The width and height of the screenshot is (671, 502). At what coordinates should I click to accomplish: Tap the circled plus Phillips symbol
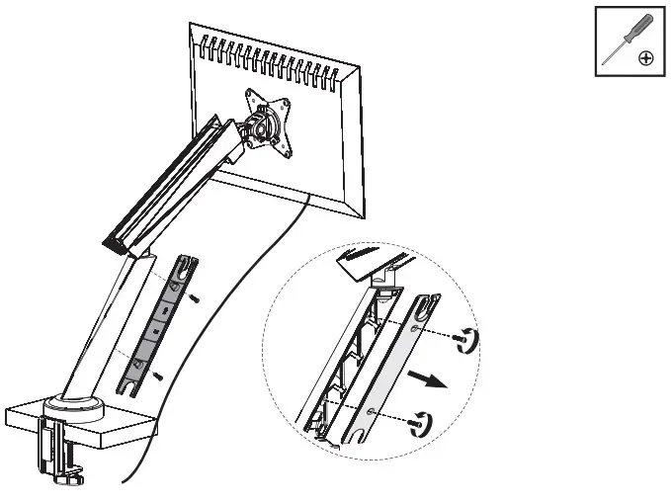[645, 58]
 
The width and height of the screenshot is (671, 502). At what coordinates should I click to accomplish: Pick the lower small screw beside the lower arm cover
[154, 376]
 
